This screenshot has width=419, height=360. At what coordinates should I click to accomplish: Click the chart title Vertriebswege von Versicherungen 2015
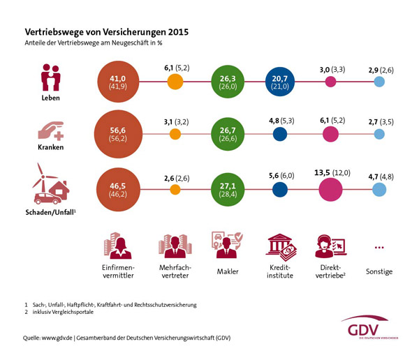point(106,32)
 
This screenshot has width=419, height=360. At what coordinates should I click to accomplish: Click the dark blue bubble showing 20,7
point(281,82)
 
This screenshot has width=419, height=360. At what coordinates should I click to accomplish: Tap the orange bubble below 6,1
point(176,82)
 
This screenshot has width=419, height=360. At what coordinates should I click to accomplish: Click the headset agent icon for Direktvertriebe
point(330,246)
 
